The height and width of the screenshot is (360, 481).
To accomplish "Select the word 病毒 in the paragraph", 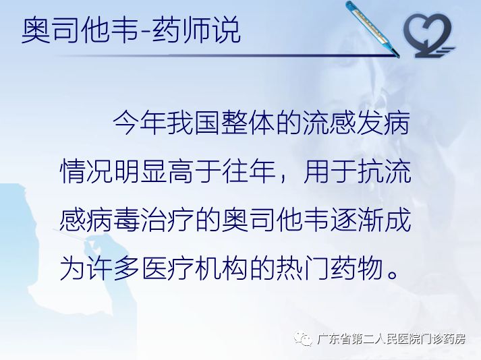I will coord(104,220).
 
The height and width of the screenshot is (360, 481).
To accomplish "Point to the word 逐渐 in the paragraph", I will coord(365,220).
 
